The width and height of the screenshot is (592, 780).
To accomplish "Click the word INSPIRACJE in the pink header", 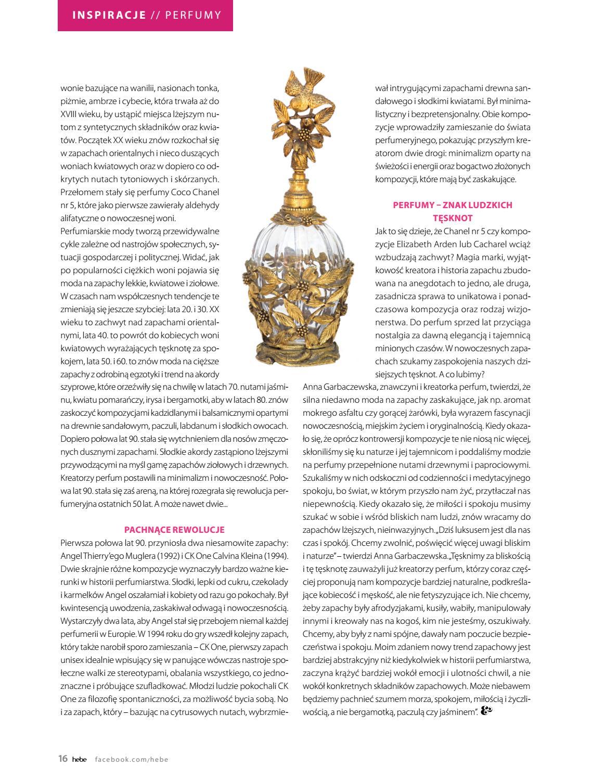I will [109, 15].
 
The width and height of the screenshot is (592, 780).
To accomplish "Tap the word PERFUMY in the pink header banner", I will [193, 15].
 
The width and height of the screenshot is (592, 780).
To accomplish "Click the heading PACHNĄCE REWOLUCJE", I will [174, 530].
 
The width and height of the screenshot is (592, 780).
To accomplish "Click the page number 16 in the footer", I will [63, 759].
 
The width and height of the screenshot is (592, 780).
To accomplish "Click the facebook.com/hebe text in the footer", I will [132, 759].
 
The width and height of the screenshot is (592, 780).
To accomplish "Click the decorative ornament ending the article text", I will [487, 711].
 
